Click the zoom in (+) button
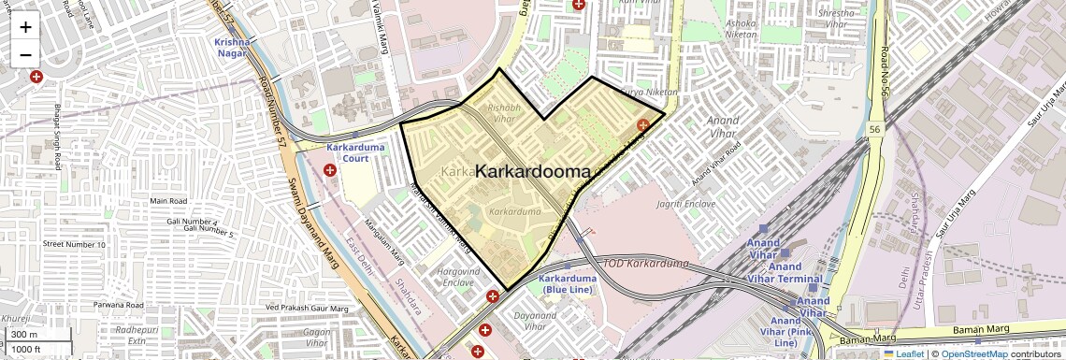25,26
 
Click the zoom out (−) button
25,54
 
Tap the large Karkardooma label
533,172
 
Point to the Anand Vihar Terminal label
785,279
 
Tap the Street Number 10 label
73,244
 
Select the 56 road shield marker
874,129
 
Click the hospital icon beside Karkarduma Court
330,170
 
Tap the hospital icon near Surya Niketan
643,124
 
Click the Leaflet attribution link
903,354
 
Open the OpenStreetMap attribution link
973,354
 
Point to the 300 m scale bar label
24,335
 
